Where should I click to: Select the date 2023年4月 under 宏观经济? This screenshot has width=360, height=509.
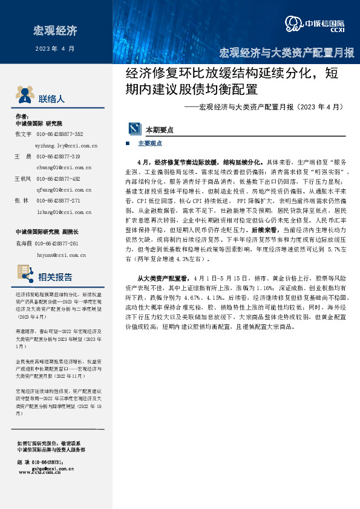point(55,48)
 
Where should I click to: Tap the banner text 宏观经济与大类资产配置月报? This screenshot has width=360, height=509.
point(286,52)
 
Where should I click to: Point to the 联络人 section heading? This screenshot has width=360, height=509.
point(51,99)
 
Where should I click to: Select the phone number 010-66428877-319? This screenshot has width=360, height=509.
point(59,157)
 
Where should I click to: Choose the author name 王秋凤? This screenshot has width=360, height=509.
point(22,179)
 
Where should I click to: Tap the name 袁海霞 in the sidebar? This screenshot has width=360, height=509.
point(22,243)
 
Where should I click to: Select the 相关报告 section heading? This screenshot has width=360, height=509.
point(55,277)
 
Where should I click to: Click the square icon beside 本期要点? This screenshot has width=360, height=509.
point(134,129)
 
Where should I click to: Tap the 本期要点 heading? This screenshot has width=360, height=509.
point(160,129)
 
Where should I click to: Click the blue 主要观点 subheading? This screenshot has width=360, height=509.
point(150,144)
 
